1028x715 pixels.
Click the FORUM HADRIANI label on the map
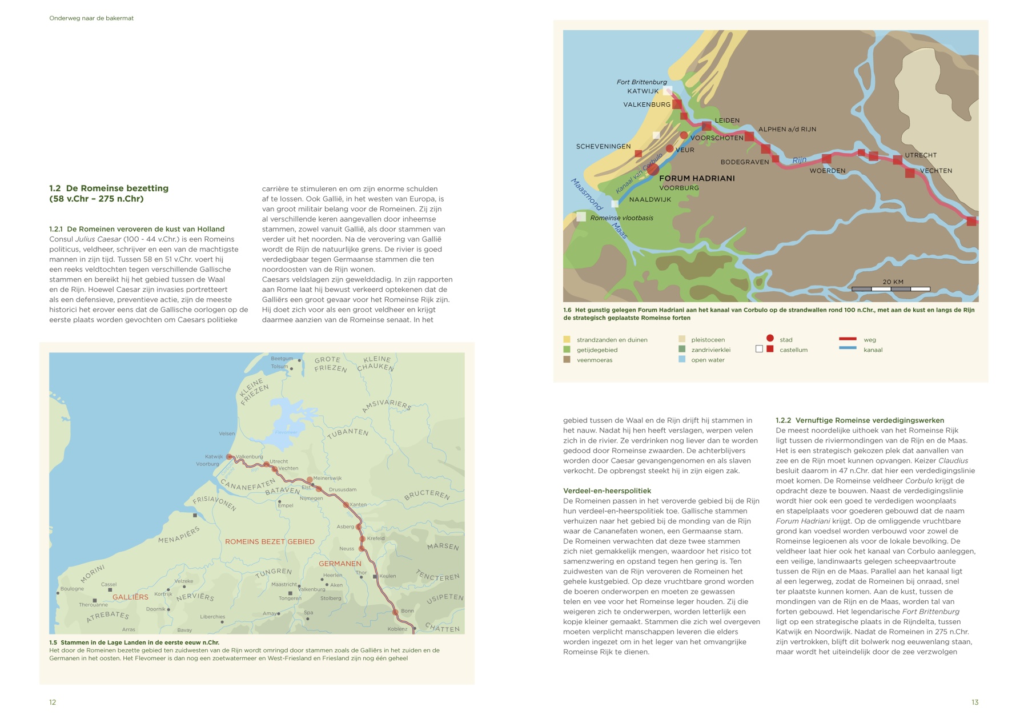697,178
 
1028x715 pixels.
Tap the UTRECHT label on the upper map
921,155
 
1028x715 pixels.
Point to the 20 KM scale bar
890,288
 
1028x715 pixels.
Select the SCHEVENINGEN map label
603,147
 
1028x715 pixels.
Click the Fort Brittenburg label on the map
641,82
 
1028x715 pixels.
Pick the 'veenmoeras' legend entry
594,360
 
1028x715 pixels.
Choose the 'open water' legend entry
707,360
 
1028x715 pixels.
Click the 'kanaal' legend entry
873,350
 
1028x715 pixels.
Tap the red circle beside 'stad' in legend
770,339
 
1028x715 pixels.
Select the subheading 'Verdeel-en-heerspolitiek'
607,491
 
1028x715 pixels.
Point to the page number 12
53,702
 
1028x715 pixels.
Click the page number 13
975,702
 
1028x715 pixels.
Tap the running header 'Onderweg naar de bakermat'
91,18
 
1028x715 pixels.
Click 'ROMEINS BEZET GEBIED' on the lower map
270,542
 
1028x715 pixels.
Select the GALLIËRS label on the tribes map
130,597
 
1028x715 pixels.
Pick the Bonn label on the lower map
407,611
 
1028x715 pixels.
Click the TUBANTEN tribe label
348,433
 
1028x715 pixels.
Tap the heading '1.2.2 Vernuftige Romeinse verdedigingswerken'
860,420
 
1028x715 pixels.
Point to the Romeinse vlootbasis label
621,218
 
